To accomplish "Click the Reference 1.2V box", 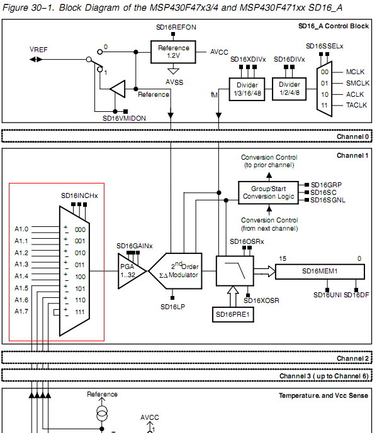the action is [173, 52].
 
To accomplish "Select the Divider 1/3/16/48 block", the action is [247, 89].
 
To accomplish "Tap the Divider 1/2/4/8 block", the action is [289, 89].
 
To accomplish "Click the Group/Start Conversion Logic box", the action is [268, 192].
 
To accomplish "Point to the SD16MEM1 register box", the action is [320, 271].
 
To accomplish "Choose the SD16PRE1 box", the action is [233, 314].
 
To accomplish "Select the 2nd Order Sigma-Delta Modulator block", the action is [176, 271].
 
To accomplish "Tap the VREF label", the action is [38, 50].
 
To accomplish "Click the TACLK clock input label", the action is [356, 105].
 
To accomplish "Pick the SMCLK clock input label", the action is [357, 83].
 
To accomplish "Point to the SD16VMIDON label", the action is [124, 119].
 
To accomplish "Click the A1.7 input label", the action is [21, 311].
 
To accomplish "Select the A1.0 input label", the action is [21, 229].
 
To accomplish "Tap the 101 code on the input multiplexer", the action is [80, 288].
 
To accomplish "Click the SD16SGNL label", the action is [328, 200].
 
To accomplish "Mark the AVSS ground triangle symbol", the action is [173, 71].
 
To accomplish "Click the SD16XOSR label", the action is [261, 300].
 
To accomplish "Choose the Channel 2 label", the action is [352, 358].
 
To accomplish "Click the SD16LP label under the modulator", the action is [173, 307].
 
